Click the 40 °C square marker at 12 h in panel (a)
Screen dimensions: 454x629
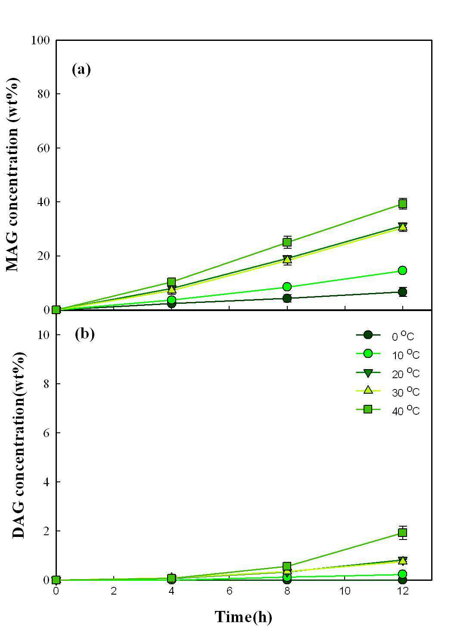click(x=403, y=203)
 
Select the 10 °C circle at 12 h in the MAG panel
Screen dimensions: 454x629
click(x=403, y=271)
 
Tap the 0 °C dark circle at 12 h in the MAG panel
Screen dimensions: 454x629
click(x=403, y=292)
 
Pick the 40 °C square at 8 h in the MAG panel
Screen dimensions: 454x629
click(x=287, y=242)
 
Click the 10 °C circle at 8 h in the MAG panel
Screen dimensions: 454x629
click(x=287, y=287)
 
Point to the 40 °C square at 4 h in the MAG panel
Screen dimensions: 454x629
click(x=171, y=282)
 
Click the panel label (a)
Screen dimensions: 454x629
click(x=81, y=70)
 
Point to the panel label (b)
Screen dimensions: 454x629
click(x=84, y=334)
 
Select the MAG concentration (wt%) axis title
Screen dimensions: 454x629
click(x=12, y=175)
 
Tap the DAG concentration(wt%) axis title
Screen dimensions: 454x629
click(x=19, y=446)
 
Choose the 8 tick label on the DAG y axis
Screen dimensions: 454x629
click(x=47, y=384)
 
